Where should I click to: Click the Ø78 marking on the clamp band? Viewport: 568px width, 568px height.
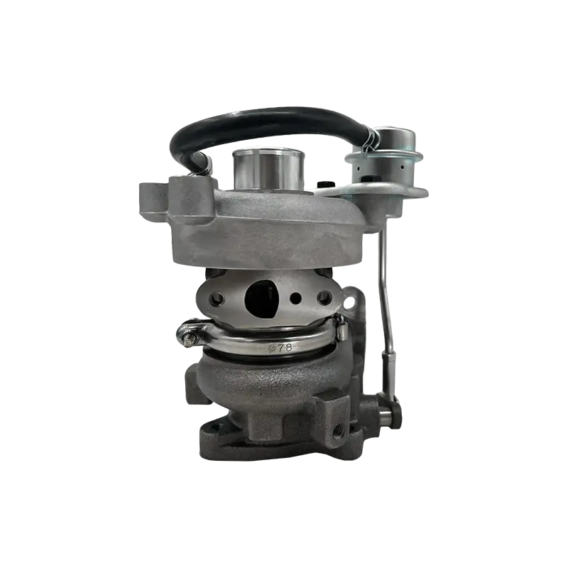pos(280,348)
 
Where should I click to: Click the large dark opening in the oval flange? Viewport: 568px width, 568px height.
pos(261,297)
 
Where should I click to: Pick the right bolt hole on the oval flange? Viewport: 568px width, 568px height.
pos(324,297)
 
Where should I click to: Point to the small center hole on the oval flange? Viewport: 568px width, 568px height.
pos(296,298)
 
